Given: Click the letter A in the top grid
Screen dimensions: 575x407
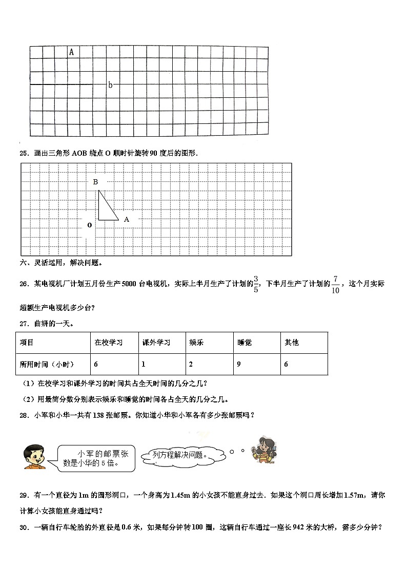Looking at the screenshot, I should point(71,52).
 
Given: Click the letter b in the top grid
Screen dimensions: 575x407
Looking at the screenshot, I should point(110,85).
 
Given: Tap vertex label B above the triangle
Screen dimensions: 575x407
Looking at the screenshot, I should point(95,182).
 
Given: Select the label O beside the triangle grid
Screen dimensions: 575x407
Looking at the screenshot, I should point(89,225).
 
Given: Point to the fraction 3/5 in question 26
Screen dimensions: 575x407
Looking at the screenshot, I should point(257,284).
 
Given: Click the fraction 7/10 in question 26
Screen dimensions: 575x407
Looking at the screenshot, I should point(335,284).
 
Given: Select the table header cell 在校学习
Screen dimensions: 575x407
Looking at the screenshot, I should point(109,343).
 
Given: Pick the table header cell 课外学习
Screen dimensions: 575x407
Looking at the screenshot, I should point(156,343).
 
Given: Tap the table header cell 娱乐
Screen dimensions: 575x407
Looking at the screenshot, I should point(196,343).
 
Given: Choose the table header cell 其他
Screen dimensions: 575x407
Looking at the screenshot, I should point(292,343).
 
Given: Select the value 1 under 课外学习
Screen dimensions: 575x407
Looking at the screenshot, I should point(144,364).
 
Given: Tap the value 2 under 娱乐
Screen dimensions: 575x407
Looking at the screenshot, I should point(191,364).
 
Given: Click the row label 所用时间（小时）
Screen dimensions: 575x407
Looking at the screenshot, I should point(47,364).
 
